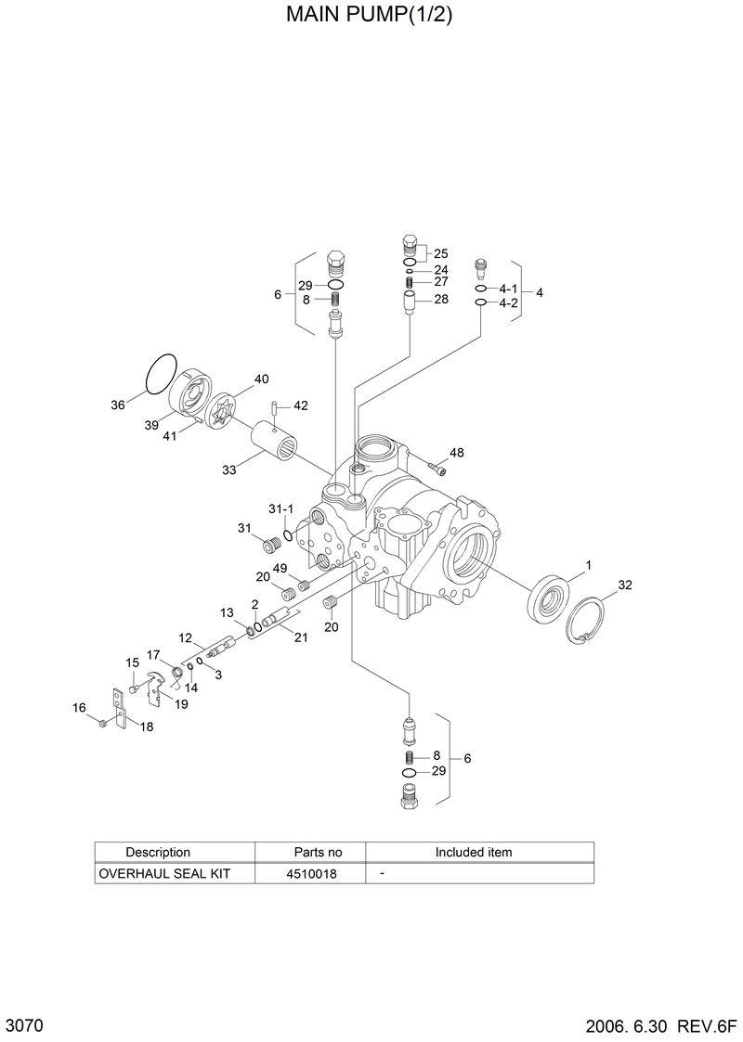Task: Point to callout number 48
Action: [x=456, y=453]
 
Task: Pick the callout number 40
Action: [x=261, y=379]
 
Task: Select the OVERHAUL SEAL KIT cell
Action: [x=163, y=874]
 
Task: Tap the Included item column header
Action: [x=474, y=852]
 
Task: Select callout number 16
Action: [x=79, y=708]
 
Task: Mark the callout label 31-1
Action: [x=280, y=509]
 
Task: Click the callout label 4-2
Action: [x=507, y=303]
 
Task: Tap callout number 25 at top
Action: [x=440, y=253]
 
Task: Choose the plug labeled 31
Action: [x=273, y=545]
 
